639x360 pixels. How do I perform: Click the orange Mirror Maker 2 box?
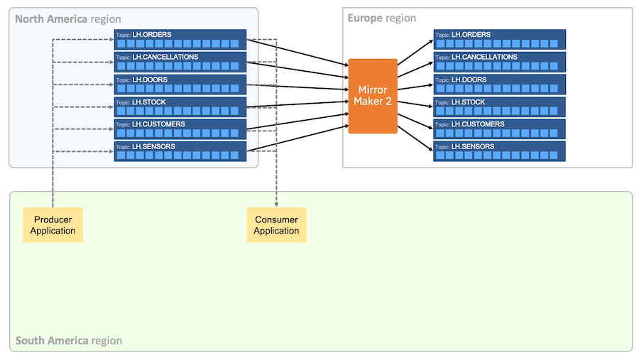click(x=372, y=96)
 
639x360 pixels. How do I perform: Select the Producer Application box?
click(x=53, y=225)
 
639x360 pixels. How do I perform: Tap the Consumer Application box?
click(x=276, y=225)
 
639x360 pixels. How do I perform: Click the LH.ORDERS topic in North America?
click(x=180, y=40)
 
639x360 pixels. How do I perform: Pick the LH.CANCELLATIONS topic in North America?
click(x=180, y=62)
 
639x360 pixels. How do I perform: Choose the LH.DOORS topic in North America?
click(x=180, y=84)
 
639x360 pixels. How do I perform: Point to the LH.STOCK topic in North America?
click(x=180, y=107)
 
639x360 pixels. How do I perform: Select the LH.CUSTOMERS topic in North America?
click(x=180, y=129)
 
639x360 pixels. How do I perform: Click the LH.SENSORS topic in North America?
click(x=180, y=151)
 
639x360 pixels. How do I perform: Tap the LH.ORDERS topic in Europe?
click(x=499, y=40)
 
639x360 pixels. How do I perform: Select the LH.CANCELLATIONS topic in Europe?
click(x=499, y=62)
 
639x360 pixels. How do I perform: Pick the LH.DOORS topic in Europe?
click(x=499, y=84)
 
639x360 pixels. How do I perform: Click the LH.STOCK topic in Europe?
click(x=499, y=107)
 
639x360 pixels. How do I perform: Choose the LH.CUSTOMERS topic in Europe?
click(x=499, y=129)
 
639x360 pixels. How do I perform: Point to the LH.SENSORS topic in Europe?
click(x=499, y=151)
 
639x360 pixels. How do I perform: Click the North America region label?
click(x=68, y=18)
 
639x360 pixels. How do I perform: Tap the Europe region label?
click(x=381, y=18)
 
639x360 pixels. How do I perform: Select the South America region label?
click(x=69, y=341)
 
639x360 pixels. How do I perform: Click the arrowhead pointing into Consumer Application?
click(x=276, y=204)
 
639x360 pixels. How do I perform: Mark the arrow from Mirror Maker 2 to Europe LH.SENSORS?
click(x=415, y=138)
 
